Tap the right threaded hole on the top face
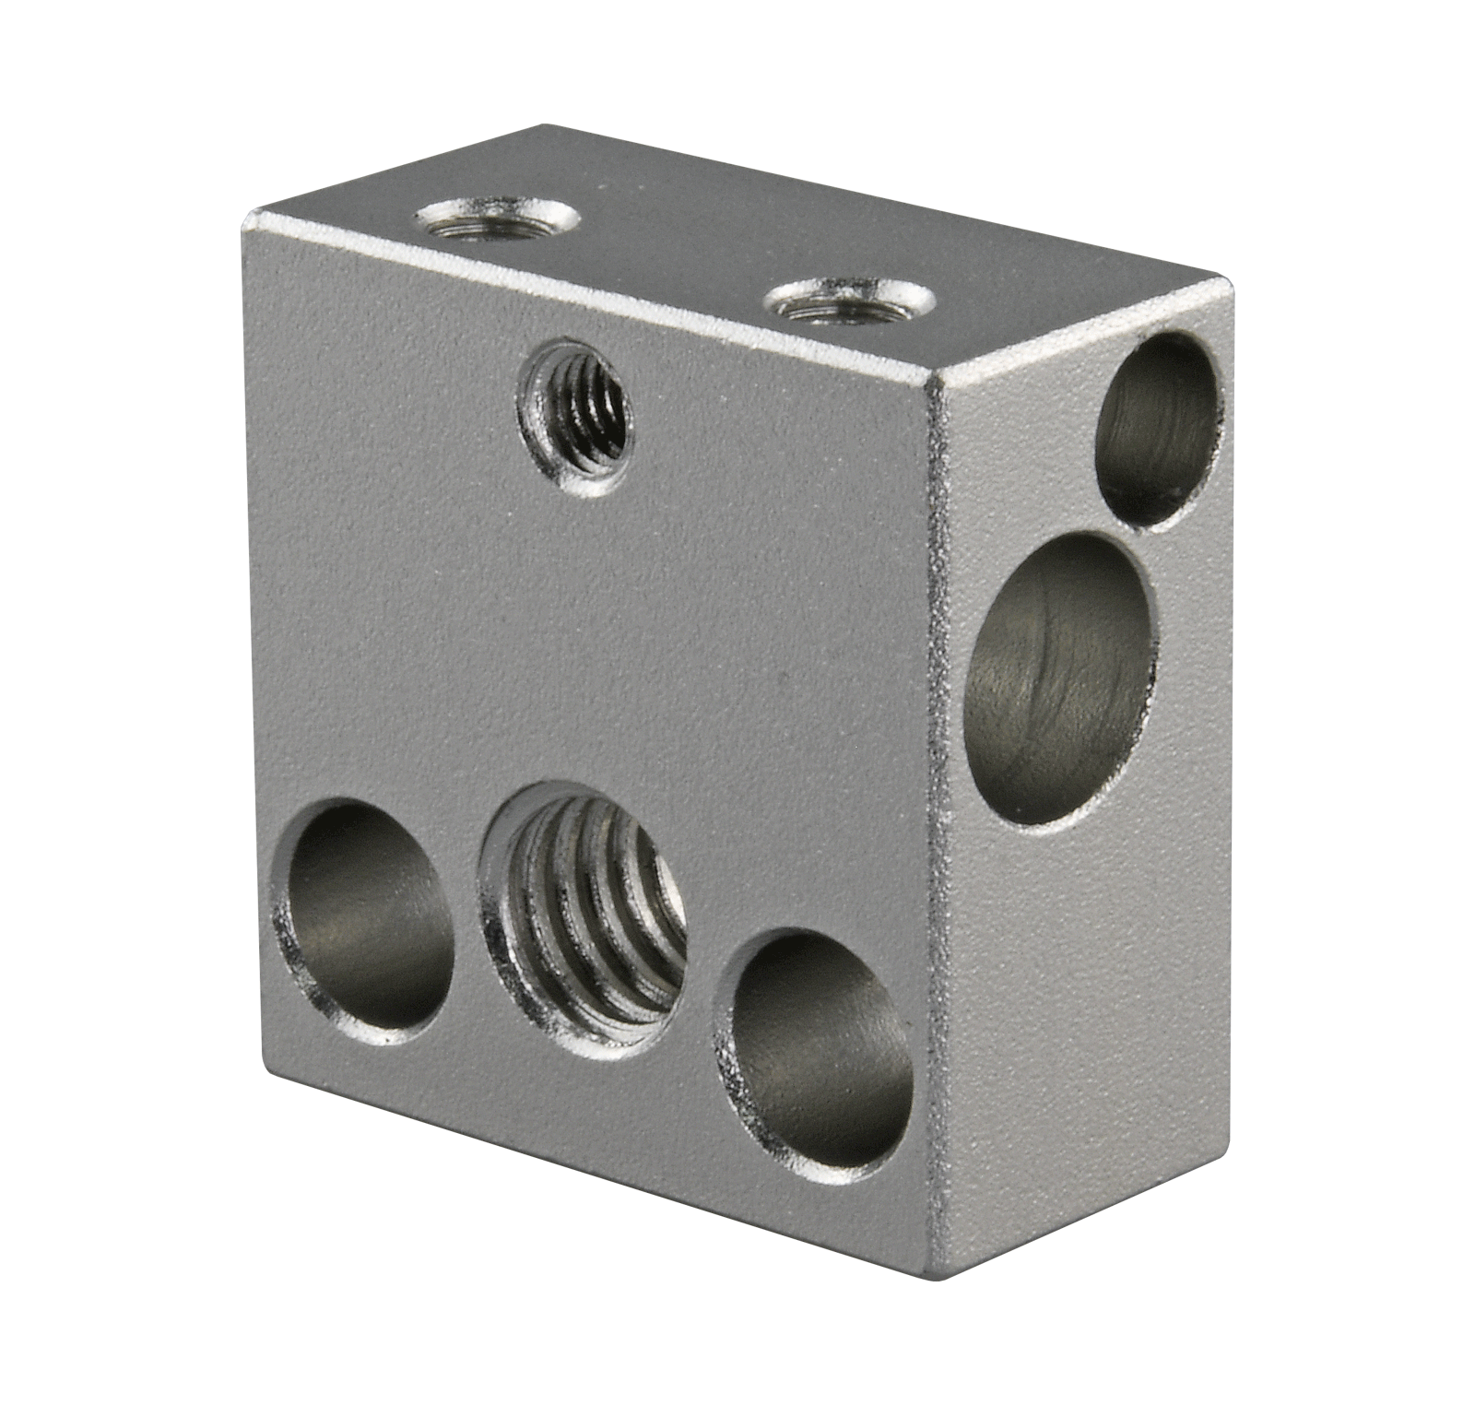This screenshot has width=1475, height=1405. (849, 303)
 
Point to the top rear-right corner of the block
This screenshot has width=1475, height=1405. (1230, 278)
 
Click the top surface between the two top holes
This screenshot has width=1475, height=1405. (673, 263)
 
